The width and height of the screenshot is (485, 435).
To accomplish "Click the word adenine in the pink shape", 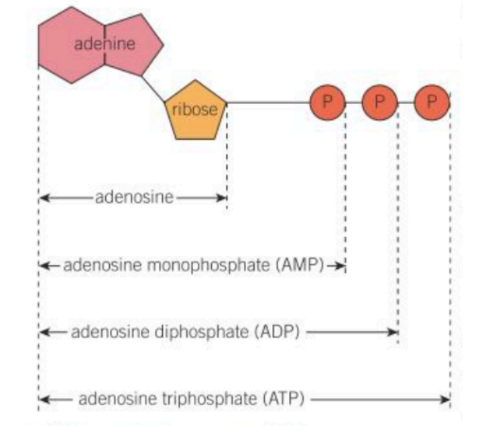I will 104,44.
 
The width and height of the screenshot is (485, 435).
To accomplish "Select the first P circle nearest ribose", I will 328,102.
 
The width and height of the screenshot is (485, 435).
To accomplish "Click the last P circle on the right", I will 432,102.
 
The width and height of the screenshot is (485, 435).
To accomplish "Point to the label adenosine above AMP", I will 134,197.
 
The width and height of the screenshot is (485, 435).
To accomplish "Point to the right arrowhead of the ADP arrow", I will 393,331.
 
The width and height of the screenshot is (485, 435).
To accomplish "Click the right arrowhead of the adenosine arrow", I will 223,197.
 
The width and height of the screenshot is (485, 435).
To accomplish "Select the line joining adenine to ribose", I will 153,87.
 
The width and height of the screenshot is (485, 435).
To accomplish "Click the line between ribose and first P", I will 268,103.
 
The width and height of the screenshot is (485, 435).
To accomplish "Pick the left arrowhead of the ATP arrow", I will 43,399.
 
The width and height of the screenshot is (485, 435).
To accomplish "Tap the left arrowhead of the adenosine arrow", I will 43,197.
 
